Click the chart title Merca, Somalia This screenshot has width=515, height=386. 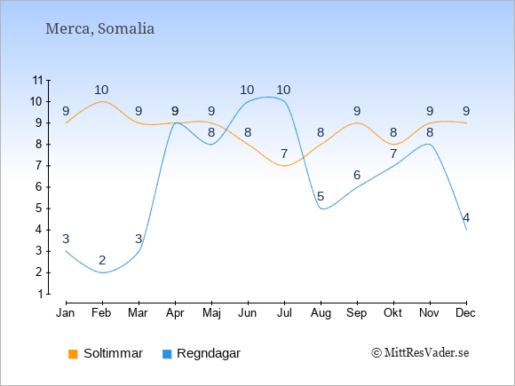pos(99,28)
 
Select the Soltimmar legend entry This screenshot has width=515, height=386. pos(106,353)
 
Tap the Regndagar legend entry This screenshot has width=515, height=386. pos(202,353)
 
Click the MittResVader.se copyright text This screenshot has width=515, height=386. pos(420,353)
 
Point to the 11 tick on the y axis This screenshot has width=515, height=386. pos(38,80)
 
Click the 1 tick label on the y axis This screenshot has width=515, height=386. pos(40,294)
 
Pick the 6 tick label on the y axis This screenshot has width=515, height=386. pos(40,187)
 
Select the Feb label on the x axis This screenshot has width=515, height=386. pos(101,313)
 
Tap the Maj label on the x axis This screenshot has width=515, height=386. pos(211,313)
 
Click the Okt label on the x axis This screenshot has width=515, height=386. pos(392,313)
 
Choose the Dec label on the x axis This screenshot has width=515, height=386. pos(465,313)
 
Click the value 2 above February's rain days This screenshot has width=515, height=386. pos(102,260)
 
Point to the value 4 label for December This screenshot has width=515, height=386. pos(466,217)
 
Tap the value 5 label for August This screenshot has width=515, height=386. pos(321,196)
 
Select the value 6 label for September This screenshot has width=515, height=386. pos(357,175)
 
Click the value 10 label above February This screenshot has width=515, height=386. pos(101,90)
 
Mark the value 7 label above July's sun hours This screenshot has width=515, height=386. pos(284,154)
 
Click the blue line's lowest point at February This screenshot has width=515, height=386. pos(102,272)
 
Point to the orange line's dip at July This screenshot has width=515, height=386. pos(284,166)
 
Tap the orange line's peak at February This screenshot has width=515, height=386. pos(102,101)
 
